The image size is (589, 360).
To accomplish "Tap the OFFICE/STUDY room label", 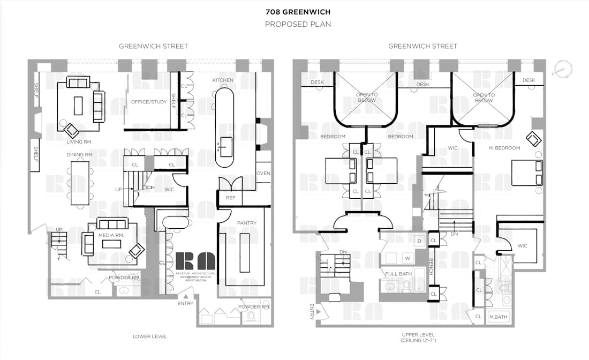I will click(x=149, y=101).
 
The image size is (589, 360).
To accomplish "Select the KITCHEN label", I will click(x=223, y=80).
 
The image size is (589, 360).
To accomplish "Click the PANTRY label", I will click(x=246, y=223).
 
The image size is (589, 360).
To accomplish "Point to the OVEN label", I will click(x=263, y=173).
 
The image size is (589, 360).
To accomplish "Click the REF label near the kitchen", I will click(x=231, y=198).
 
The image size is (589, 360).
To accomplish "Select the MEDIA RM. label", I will click(x=111, y=235).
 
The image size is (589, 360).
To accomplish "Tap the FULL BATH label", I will click(x=398, y=274).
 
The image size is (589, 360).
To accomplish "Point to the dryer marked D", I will click(x=419, y=241).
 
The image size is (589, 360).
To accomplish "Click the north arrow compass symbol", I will click(x=563, y=69).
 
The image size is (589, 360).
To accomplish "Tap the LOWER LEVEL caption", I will click(x=150, y=336).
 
